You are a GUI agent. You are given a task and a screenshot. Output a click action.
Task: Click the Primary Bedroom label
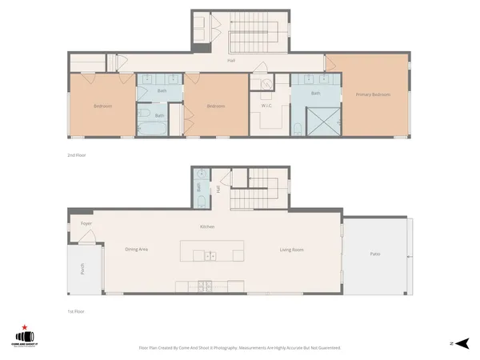374,95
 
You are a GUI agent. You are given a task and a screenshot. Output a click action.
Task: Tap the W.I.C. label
268,106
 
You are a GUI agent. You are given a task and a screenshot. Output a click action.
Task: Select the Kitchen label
207,228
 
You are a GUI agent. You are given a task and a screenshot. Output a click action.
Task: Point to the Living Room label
291,250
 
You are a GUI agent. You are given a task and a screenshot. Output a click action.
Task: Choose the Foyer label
86,224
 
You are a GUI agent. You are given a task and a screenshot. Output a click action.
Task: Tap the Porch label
82,270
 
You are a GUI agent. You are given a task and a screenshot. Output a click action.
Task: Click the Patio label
374,254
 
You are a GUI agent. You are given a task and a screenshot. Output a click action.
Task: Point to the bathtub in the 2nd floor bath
152,127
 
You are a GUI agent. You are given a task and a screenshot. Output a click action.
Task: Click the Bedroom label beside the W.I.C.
214,106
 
